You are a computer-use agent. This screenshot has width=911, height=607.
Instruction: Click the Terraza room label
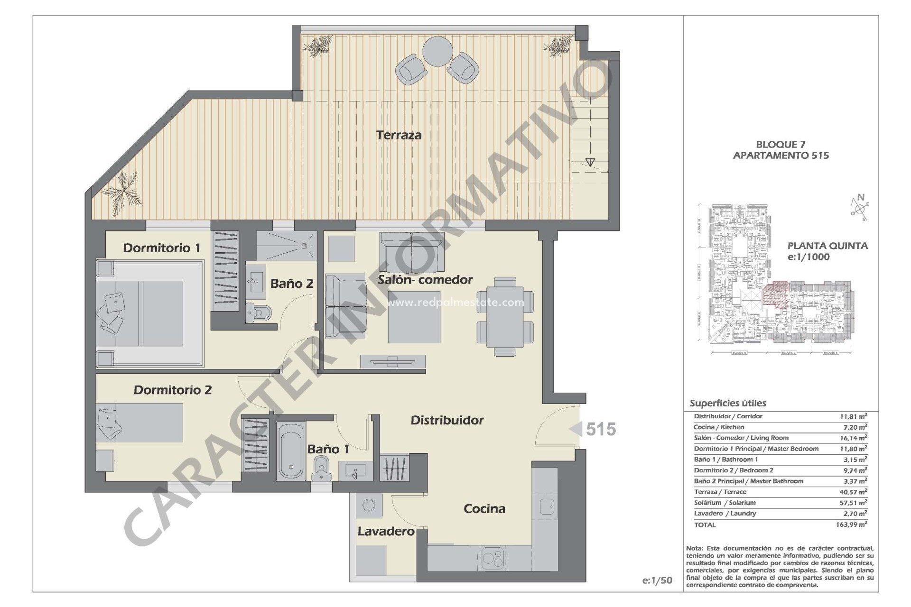tap(399, 135)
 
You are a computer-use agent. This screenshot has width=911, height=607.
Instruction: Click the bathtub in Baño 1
tap(290, 451)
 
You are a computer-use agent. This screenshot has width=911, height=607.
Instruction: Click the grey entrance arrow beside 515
tap(576, 429)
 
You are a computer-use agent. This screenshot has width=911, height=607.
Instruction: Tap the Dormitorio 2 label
tap(173, 390)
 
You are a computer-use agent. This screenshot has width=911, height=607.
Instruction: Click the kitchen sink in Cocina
tap(547, 506)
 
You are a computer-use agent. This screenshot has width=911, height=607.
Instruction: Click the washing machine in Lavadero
tap(368, 505)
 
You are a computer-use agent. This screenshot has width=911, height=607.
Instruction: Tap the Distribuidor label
tap(447, 420)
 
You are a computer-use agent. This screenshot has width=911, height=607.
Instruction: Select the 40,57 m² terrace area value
tap(853, 492)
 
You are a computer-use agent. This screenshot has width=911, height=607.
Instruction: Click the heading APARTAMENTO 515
tap(781, 156)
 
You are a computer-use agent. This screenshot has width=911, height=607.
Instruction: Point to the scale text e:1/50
tap(657, 580)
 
